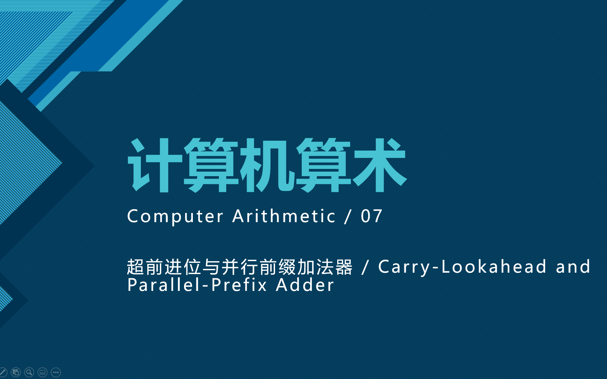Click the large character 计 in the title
[155, 165]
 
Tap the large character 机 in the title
[267, 165]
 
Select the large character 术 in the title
[379, 165]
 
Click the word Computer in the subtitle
[175, 216]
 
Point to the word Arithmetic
[284, 216]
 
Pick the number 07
[372, 216]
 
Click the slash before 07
[348, 216]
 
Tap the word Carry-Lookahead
[462, 267]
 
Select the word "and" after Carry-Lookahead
[573, 267]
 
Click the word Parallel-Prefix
[197, 285]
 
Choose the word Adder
[305, 285]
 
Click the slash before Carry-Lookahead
[365, 267]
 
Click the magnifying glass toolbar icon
[29, 372]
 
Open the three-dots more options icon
[56, 372]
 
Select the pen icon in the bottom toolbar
[3, 372]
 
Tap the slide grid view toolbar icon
[16, 372]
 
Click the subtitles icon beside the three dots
[43, 372]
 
